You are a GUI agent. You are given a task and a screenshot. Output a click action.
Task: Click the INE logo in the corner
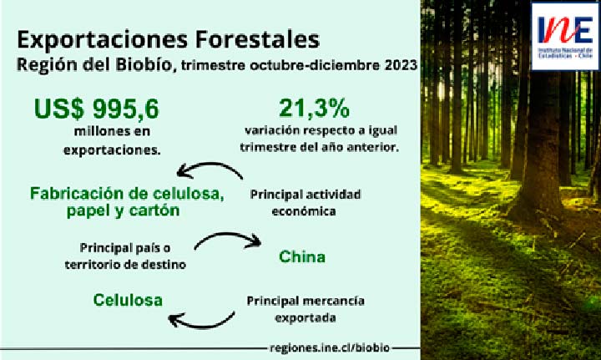pyautogui.click(x=565, y=37)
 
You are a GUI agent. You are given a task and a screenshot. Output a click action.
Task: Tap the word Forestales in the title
pyautogui.click(x=260, y=39)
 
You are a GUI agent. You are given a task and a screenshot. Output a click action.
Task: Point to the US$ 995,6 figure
pyautogui.click(x=96, y=109)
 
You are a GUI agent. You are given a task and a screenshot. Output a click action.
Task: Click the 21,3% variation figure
pyautogui.click(x=315, y=109)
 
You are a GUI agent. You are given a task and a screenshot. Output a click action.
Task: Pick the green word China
pyautogui.click(x=302, y=256)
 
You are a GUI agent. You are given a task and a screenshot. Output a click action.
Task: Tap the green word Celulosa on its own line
pyautogui.click(x=128, y=300)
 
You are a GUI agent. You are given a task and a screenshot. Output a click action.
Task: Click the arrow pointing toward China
pyautogui.click(x=228, y=235)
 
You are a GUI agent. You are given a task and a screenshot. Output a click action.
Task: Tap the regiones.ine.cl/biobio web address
pyautogui.click(x=330, y=348)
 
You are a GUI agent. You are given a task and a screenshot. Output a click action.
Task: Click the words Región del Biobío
pyautogui.click(x=93, y=65)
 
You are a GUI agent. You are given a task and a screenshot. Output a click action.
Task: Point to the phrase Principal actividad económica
pyautogui.click(x=306, y=202)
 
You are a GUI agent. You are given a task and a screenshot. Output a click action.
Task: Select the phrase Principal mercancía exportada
pyautogui.click(x=306, y=309)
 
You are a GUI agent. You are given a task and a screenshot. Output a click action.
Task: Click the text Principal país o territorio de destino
pyautogui.click(x=125, y=256)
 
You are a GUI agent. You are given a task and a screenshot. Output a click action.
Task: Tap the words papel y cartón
pyautogui.click(x=123, y=211)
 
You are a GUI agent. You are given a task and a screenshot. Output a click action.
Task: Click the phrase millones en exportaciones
pyautogui.click(x=112, y=140)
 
